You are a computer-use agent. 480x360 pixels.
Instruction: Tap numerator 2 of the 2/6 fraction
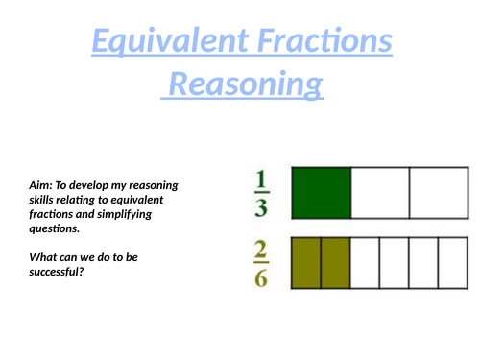(x=261, y=250)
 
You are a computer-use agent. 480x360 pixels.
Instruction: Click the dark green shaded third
(x=322, y=191)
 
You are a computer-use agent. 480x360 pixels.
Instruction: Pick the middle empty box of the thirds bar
(x=380, y=191)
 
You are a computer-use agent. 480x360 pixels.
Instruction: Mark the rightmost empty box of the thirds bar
(x=439, y=191)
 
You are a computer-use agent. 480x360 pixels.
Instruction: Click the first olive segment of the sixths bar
(x=306, y=262)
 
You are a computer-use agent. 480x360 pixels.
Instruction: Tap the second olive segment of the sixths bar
(x=335, y=262)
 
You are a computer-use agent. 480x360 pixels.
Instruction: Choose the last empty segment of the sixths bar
(x=453, y=262)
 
